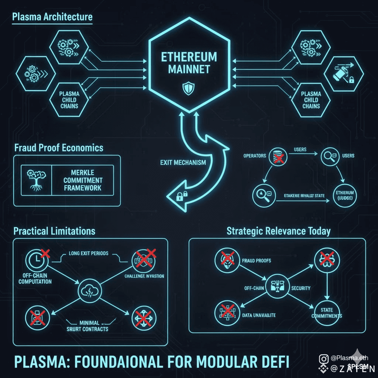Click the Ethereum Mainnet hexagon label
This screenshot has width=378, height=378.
pyautogui.click(x=189, y=63)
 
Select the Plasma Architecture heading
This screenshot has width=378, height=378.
pyautogui.click(x=52, y=17)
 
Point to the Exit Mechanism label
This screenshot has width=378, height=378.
pyautogui.click(x=183, y=162)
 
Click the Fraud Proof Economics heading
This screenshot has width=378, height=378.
pyautogui.click(x=58, y=148)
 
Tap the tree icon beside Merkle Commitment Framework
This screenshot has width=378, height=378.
pyautogui.click(x=36, y=180)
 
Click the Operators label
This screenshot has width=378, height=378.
pyautogui.click(x=255, y=155)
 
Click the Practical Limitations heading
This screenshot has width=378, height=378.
pyautogui.click(x=54, y=231)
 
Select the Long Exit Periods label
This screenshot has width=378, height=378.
pyautogui.click(x=89, y=253)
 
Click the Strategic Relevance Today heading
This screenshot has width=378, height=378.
pyautogui.click(x=278, y=231)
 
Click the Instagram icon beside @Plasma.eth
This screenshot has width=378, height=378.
pyautogui.click(x=324, y=358)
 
